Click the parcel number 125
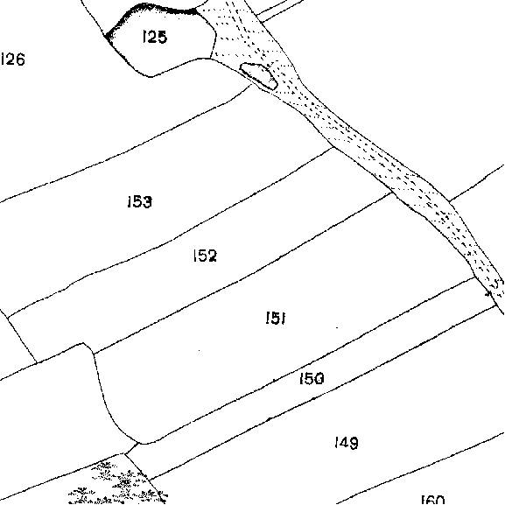point(155,37)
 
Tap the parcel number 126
point(12,59)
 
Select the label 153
point(139,201)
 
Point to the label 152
point(205,256)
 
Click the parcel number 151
point(276,318)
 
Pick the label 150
point(312,378)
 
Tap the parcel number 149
point(347,443)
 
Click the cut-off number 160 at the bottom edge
point(433,500)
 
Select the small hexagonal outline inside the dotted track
point(258,76)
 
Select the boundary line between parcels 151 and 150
point(309,359)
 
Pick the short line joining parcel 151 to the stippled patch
point(131,449)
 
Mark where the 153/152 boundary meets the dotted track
point(334,147)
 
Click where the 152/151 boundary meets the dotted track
point(392,193)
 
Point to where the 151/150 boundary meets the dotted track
point(476,277)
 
